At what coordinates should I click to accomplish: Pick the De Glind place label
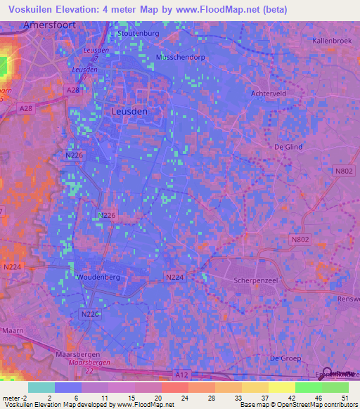coord(288,147)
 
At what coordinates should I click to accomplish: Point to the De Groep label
coord(281,358)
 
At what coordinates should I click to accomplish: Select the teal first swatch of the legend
coord(41,387)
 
